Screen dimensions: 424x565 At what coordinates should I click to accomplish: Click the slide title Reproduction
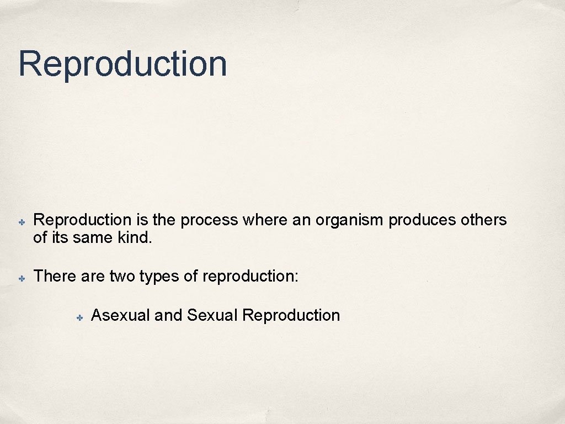click(x=122, y=64)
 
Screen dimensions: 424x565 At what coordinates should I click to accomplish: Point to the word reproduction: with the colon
click(x=250, y=276)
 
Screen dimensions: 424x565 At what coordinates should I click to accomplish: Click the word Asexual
click(x=120, y=315)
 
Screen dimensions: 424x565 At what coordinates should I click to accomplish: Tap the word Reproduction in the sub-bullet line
click(x=291, y=316)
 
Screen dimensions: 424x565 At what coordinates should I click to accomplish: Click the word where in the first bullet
click(x=264, y=220)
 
